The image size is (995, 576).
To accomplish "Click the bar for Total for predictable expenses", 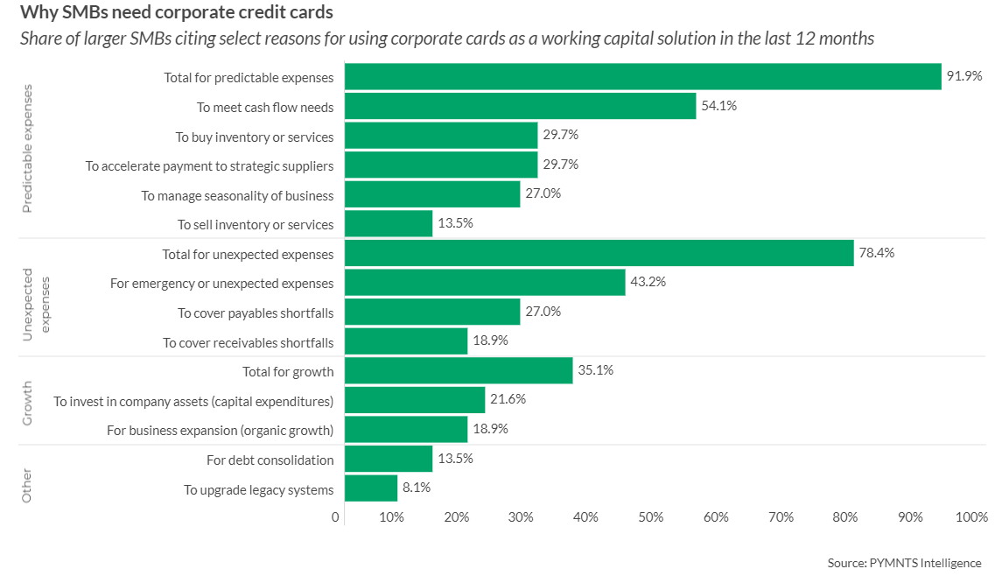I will pyautogui.click(x=642, y=77).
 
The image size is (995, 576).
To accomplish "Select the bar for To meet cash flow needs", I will pyautogui.click(x=520, y=106).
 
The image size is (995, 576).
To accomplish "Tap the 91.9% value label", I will pyautogui.click(x=964, y=76).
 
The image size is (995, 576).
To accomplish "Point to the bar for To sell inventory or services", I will pyautogui.click(x=389, y=223).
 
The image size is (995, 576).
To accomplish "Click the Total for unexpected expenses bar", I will pyautogui.click(x=599, y=253).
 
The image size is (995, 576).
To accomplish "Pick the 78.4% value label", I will pyautogui.click(x=877, y=253).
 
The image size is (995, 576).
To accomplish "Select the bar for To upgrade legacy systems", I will pyautogui.click(x=371, y=488).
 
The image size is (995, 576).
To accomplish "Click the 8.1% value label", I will pyautogui.click(x=417, y=488).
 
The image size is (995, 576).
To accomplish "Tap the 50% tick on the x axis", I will pyautogui.click(x=651, y=517).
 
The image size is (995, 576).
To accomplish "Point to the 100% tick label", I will pyautogui.click(x=971, y=517).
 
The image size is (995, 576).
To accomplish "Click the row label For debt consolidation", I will pyautogui.click(x=270, y=460).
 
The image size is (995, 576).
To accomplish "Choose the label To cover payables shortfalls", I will pyautogui.click(x=256, y=313).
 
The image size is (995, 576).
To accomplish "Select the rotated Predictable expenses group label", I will pyautogui.click(x=27, y=148).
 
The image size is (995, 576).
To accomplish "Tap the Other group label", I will pyautogui.click(x=27, y=485).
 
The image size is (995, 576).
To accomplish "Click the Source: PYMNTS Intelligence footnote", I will pyautogui.click(x=904, y=563).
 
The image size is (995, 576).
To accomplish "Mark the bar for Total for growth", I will pyautogui.click(x=459, y=370).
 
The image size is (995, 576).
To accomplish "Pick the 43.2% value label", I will pyautogui.click(x=648, y=283).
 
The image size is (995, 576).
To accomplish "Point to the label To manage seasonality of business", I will pyautogui.click(x=237, y=195).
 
